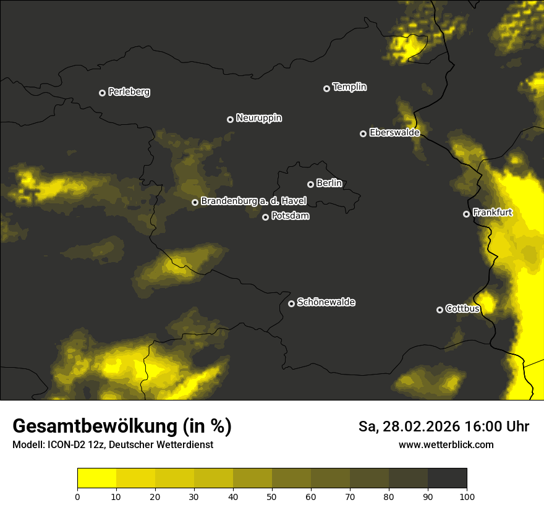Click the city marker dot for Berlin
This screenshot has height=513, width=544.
tap(310, 184)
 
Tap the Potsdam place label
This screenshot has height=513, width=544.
tap(290, 216)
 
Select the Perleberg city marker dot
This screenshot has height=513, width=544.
tap(102, 93)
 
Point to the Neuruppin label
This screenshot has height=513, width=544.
tap(258, 118)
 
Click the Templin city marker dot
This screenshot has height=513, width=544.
tap(326, 88)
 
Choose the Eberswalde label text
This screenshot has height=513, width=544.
tap(394, 132)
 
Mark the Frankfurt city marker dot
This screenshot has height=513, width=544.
tap(466, 214)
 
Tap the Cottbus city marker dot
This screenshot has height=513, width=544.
tap(440, 310)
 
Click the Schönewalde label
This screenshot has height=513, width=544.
tap(326, 302)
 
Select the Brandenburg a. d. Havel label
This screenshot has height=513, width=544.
tap(253, 201)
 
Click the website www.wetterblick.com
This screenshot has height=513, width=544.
tap(446, 444)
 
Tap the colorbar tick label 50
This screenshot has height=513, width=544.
tap(272, 496)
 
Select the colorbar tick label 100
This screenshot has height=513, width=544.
tap(467, 496)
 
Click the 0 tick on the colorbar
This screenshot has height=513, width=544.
tap(77, 496)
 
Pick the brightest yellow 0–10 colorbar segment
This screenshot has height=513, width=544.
tap(96, 478)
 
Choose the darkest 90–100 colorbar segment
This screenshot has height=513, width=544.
tap(447, 478)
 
